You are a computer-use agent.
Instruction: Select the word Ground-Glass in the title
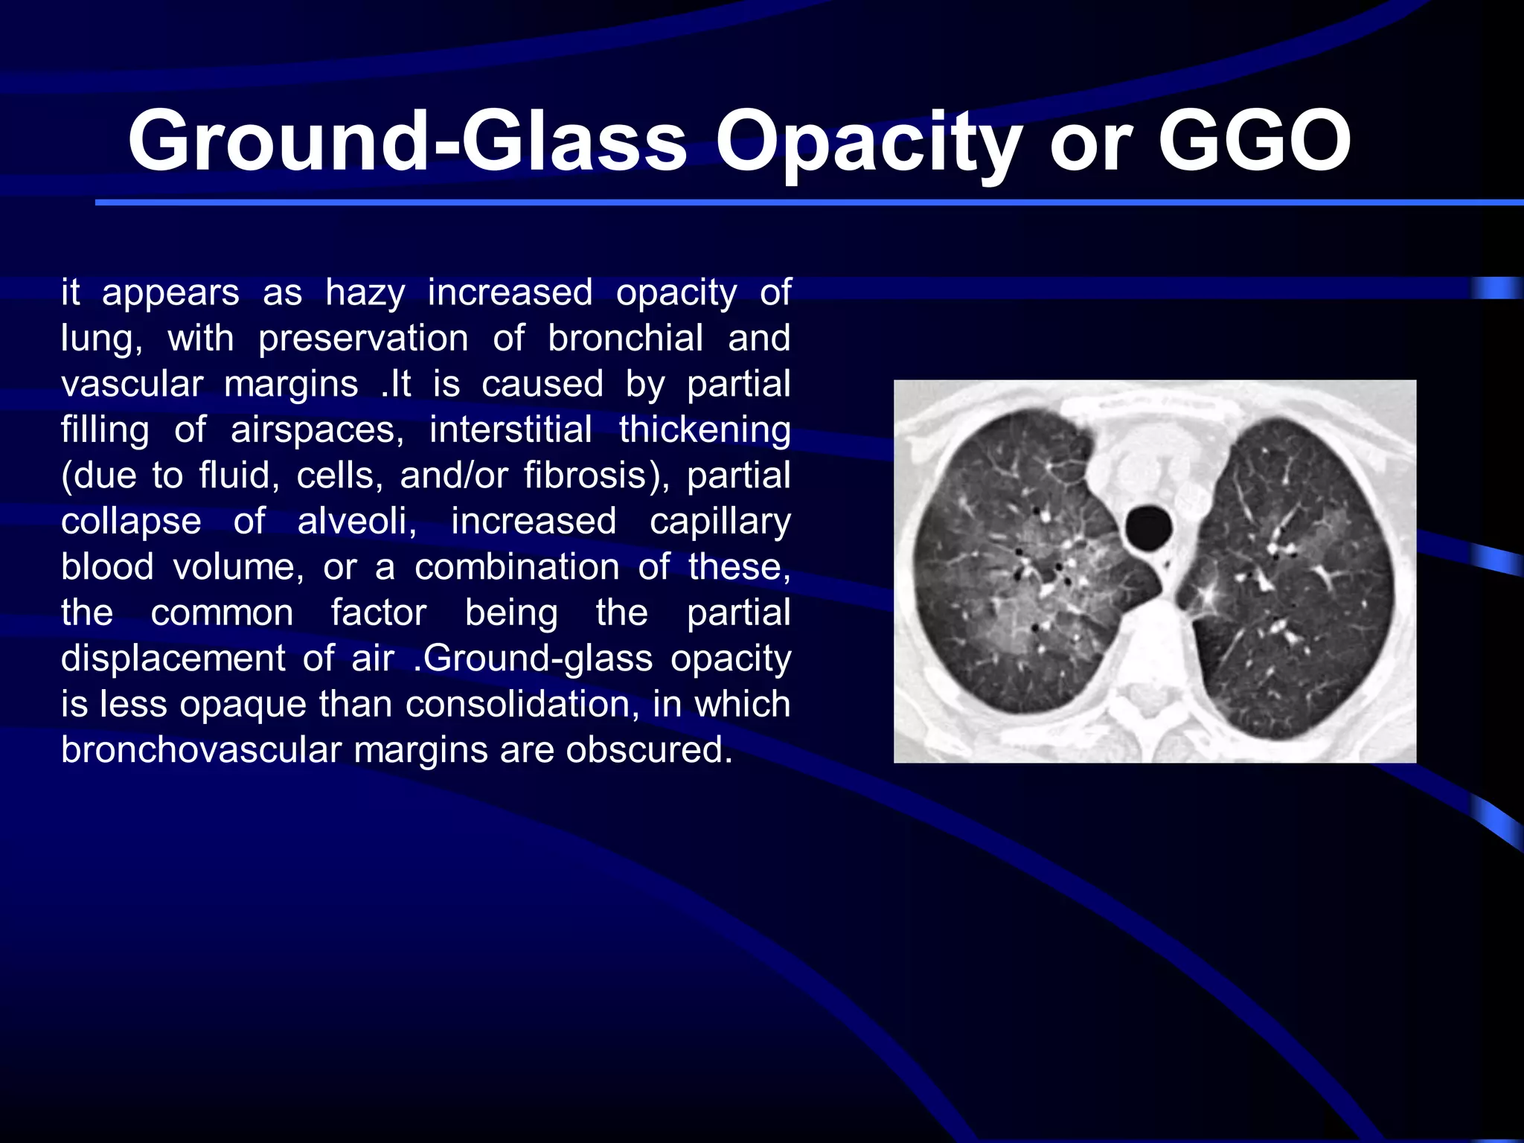click(407, 141)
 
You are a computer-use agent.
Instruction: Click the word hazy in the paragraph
click(365, 293)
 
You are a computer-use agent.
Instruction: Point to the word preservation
click(363, 339)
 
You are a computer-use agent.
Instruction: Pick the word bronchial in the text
click(625, 339)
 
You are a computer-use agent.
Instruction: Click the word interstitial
click(510, 430)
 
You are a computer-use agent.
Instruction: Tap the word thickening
click(704, 430)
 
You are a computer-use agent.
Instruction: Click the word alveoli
click(356, 522)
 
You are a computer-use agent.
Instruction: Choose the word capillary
click(720, 522)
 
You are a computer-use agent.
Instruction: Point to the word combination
click(516, 568)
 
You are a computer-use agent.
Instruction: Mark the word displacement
click(173, 659)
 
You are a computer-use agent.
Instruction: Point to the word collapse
click(131, 522)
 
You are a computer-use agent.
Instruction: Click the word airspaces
click(316, 430)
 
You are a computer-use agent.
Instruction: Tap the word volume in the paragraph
click(238, 568)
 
